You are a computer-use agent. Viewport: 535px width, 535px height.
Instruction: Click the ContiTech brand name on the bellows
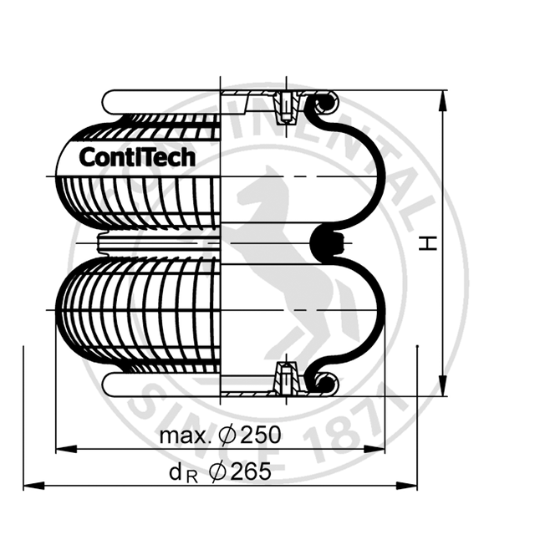click(x=137, y=156)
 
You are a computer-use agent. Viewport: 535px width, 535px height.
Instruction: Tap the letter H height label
click(x=429, y=242)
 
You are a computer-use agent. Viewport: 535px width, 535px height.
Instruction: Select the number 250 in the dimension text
click(x=257, y=436)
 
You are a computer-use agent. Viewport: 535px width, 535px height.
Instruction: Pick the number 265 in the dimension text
click(x=252, y=472)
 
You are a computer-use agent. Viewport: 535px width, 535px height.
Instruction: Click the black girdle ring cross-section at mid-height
click(x=324, y=242)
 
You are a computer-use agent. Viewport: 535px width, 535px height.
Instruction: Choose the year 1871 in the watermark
click(x=351, y=426)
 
